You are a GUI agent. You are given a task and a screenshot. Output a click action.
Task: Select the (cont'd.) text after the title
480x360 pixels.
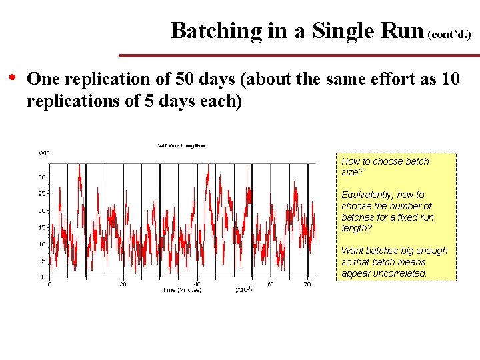(x=449, y=33)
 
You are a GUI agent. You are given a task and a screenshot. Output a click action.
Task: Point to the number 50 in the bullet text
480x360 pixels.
(x=185, y=79)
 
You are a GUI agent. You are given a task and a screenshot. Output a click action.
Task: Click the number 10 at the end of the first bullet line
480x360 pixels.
(x=450, y=79)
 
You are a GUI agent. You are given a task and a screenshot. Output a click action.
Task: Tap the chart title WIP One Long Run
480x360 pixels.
(x=181, y=145)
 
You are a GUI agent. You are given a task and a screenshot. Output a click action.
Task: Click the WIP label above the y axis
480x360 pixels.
(x=43, y=153)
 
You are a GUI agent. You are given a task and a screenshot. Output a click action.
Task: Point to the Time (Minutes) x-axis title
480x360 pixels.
(x=182, y=290)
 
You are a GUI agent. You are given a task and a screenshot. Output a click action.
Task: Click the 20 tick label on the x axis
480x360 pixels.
(x=123, y=284)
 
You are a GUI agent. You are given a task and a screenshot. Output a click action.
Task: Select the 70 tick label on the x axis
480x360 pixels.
(x=307, y=284)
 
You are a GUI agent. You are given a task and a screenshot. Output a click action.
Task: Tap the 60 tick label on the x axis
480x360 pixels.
(x=271, y=284)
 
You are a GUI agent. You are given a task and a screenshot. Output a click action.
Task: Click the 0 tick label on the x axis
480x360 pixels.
(x=49, y=284)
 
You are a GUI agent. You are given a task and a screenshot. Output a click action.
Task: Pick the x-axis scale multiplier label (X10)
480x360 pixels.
(x=243, y=290)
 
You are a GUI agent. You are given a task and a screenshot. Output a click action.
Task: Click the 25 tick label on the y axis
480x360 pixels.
(x=41, y=194)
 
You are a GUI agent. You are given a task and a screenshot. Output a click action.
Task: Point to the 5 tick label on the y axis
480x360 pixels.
(x=43, y=260)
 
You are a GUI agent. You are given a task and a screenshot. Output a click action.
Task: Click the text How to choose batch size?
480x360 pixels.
(x=385, y=167)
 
